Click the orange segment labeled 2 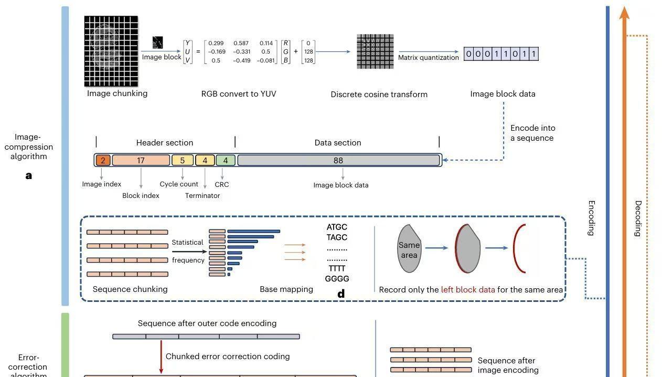(103, 160)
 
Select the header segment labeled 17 (141, 160)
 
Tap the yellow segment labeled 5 (183, 160)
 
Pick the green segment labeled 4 (226, 160)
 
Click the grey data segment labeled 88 (338, 160)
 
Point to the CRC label (222, 185)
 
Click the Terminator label (202, 196)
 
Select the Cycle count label (179, 184)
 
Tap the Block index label (141, 196)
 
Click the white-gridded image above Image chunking (111, 51)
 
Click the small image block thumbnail (157, 43)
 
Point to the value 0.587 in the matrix (241, 43)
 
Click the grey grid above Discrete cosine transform (375, 51)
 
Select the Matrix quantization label (428, 57)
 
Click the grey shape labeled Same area (409, 248)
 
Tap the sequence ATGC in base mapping (337, 227)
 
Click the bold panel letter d (341, 294)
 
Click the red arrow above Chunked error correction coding (161, 357)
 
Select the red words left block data (468, 290)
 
